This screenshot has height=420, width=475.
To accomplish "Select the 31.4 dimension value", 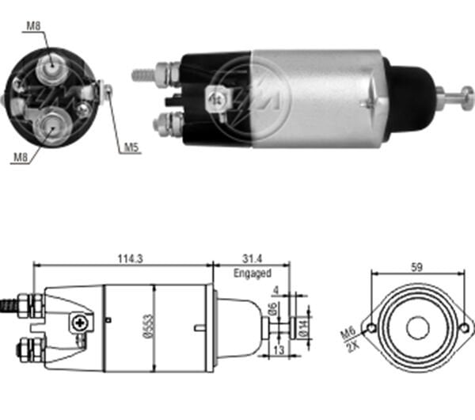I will tap(250, 258).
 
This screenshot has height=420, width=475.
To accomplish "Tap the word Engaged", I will tap(252, 273).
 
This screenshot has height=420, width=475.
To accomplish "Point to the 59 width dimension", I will tap(416, 266).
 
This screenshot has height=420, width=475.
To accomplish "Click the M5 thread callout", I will tap(131, 147).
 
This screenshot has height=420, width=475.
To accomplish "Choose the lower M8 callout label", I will tap(21, 158).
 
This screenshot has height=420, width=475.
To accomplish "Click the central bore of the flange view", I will tap(416, 326).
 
